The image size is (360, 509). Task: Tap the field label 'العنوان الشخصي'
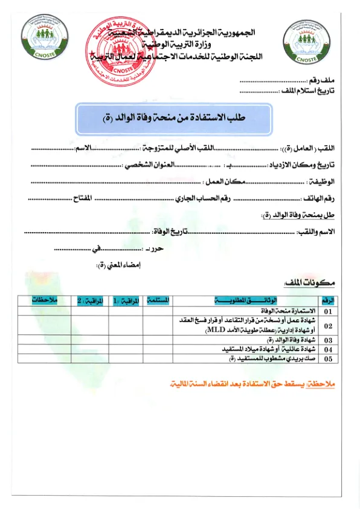(150, 164)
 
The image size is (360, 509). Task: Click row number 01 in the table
(329, 311)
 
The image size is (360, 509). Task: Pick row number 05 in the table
(329, 359)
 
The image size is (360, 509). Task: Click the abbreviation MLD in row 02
(214, 331)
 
